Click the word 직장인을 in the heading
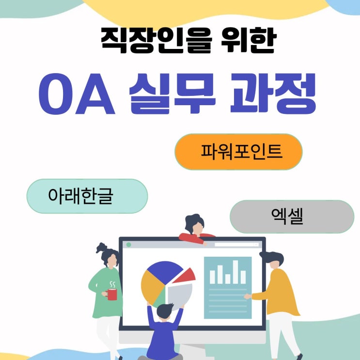coord(156,41)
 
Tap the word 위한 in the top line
coord(249,41)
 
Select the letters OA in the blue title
coord(77,94)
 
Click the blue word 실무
coord(172,94)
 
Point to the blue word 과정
coord(273,94)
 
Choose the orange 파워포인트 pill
coord(238,152)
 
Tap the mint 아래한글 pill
coord(87,196)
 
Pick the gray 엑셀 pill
coord(292,217)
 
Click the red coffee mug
coord(111,294)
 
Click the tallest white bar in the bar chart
coord(235,272)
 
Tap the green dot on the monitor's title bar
coord(129,245)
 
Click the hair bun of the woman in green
coord(101,248)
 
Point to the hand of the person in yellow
coord(248,297)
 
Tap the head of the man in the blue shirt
coord(165,311)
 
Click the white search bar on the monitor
coord(237,245)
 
